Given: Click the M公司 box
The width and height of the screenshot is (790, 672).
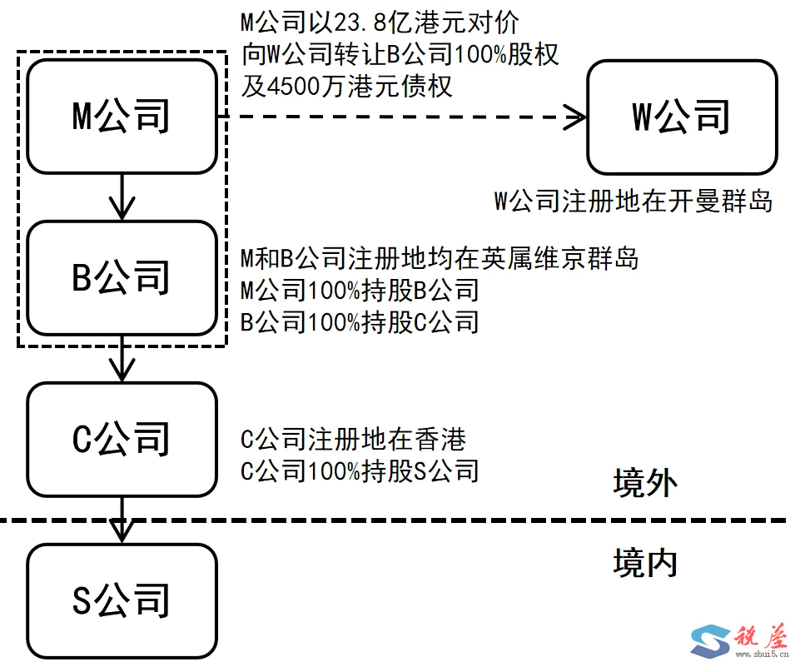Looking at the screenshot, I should [x=122, y=117].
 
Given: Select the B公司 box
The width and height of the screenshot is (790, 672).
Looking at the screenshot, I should [x=122, y=277].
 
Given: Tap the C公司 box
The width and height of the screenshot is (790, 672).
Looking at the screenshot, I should [x=122, y=439].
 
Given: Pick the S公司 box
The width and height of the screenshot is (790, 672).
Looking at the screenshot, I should [x=122, y=600].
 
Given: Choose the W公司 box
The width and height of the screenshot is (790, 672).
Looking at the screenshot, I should [x=682, y=117].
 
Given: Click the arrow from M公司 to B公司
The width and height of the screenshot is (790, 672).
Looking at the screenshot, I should [x=122, y=197].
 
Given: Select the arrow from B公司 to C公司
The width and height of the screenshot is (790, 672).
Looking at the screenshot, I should [x=122, y=358].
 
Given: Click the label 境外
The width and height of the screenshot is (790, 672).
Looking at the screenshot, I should [x=645, y=482].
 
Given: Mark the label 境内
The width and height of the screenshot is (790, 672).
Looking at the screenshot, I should [x=645, y=564].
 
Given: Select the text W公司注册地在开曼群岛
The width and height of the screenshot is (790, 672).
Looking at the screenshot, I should [x=633, y=201].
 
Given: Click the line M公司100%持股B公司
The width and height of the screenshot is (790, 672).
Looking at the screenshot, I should [x=360, y=291].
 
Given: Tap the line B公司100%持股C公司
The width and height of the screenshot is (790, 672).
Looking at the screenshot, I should [x=360, y=322].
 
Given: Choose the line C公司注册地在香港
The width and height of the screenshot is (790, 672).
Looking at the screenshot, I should [x=353, y=439].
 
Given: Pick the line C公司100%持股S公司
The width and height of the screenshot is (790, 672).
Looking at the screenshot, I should [x=360, y=471].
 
